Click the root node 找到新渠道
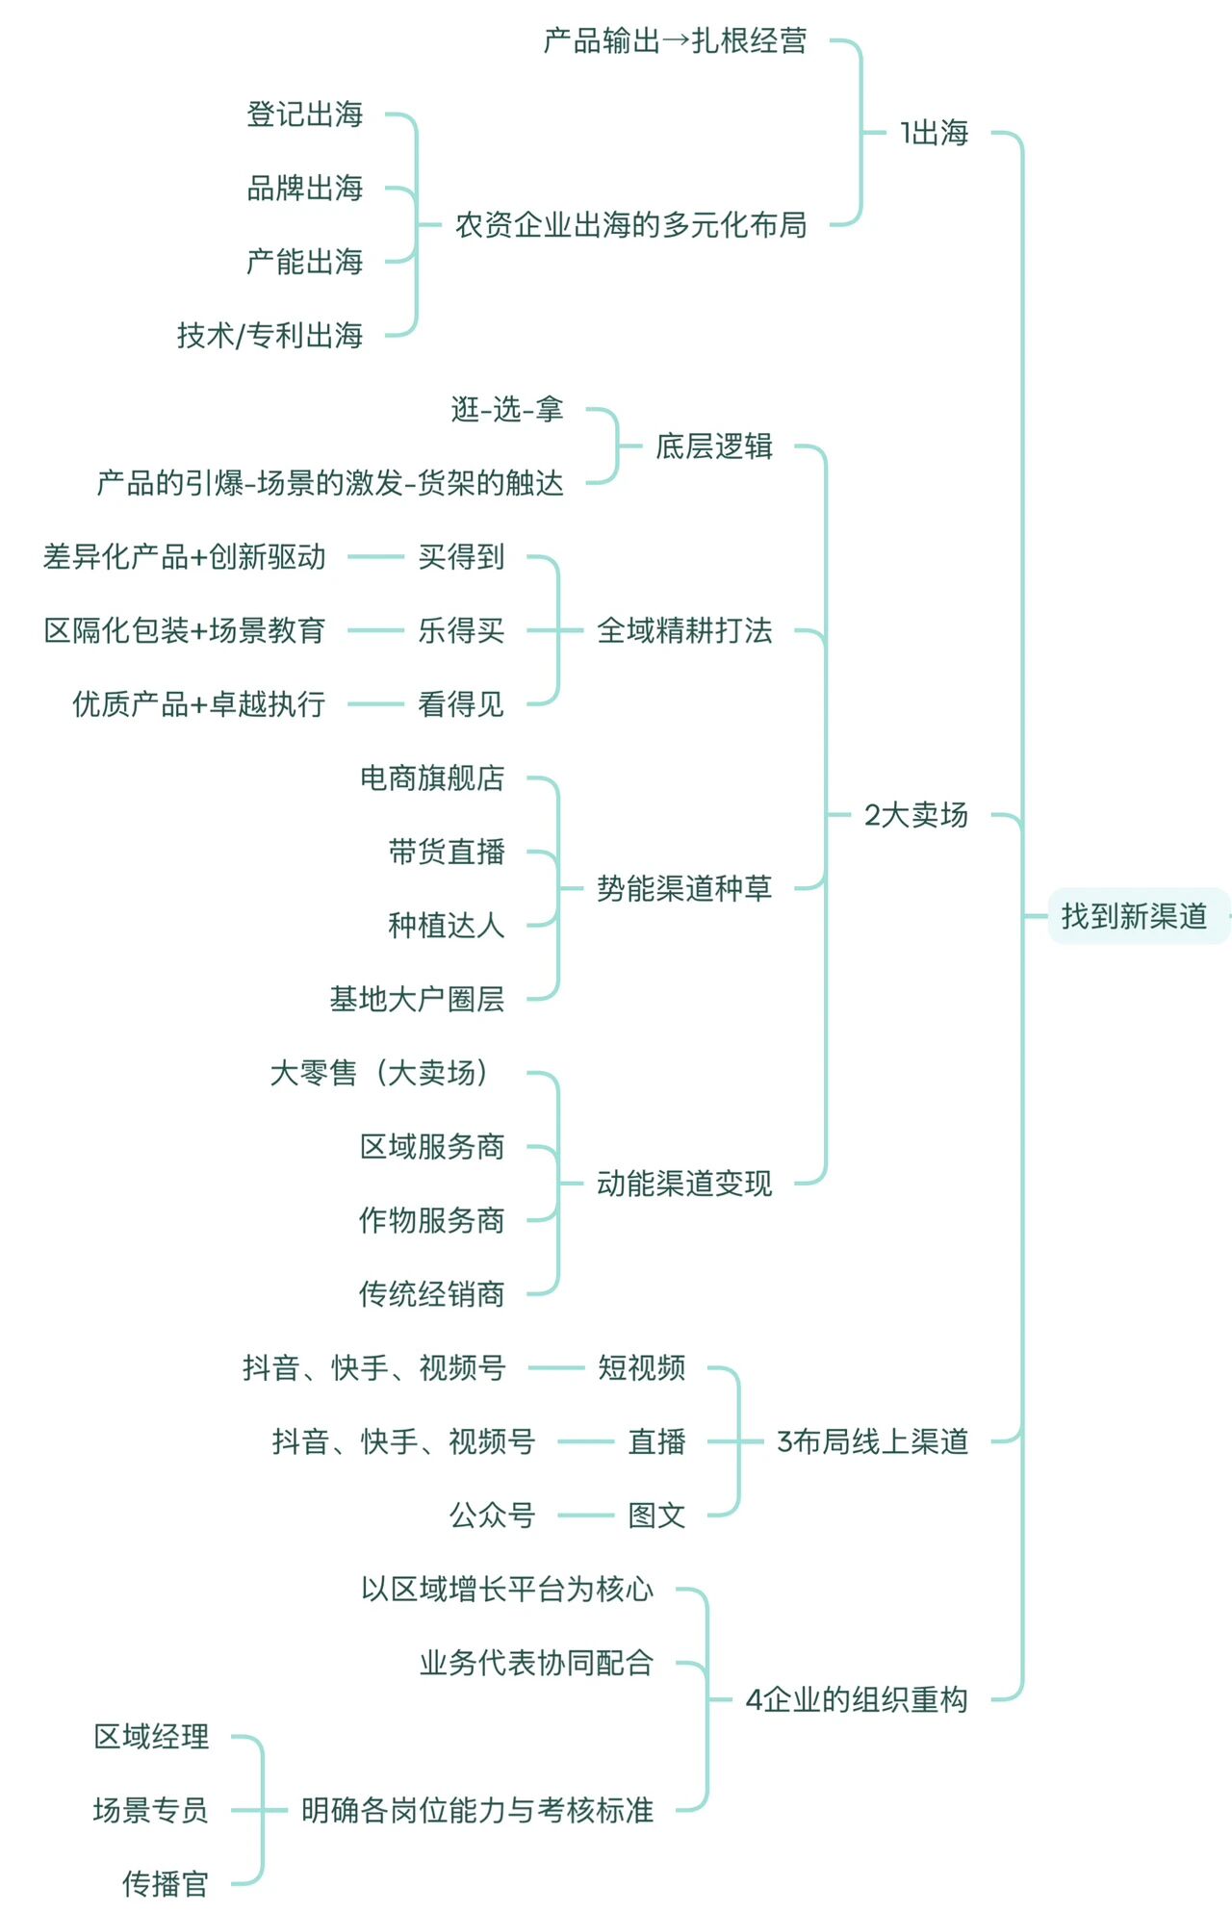point(1134,916)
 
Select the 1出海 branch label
point(934,133)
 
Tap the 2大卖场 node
point(915,815)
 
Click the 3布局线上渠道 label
point(872,1441)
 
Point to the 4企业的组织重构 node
point(857,1699)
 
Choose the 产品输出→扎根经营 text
point(675,40)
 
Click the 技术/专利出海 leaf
point(269,335)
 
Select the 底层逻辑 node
point(714,446)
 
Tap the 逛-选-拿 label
point(507,409)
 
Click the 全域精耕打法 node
point(684,630)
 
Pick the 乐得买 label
point(461,630)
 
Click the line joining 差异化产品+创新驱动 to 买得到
point(375,556)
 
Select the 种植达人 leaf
point(447,925)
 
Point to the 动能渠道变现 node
point(684,1183)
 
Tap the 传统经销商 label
point(431,1293)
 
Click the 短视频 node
point(642,1367)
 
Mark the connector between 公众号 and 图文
point(585,1515)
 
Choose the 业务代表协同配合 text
point(536,1662)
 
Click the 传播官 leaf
point(166,1883)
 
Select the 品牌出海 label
point(305,188)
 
